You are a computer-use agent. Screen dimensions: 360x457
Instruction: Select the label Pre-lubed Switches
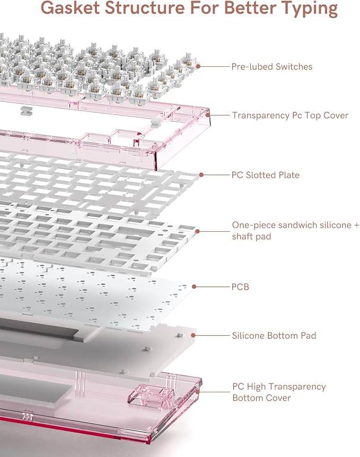[x=271, y=67]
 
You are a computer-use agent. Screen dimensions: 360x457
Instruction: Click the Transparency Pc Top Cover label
[x=290, y=116]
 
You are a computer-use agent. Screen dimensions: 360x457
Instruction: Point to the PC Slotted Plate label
[x=265, y=175]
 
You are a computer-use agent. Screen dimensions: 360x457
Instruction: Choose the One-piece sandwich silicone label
[x=295, y=225]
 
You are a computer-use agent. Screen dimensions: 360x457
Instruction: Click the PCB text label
[x=240, y=287]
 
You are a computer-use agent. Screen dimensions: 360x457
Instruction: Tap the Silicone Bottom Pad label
[x=274, y=336]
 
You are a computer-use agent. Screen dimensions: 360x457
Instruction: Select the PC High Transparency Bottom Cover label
[x=279, y=392]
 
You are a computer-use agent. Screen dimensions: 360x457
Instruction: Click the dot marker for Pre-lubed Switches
[x=198, y=66]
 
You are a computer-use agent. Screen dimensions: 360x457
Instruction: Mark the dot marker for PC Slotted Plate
[x=201, y=175]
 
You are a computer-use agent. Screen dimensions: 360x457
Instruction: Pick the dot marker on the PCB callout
[x=194, y=287]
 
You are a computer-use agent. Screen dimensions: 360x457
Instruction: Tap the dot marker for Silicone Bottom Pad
[x=193, y=336]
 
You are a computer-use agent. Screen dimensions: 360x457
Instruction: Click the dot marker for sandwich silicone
[x=197, y=231]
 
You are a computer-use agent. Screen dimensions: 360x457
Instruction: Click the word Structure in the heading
[x=145, y=7]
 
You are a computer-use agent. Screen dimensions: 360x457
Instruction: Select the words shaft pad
[x=251, y=236]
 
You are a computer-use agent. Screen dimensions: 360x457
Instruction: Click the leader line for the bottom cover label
[x=215, y=392]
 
